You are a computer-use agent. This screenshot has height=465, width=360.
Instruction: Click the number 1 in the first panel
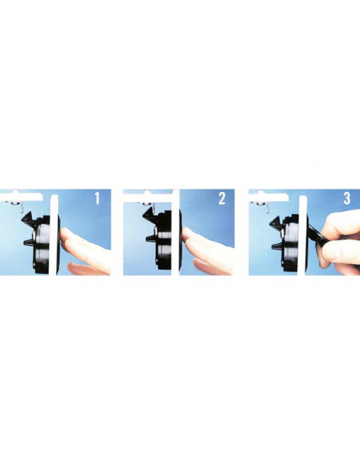pos(97,198)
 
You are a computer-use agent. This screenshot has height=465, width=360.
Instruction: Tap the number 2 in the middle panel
pos(221,198)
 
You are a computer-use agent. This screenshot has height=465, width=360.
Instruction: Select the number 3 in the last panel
pos(347,198)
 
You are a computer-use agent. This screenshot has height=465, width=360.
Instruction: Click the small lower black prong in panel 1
pos(29,242)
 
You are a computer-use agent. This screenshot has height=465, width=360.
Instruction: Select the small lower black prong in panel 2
pos(151,238)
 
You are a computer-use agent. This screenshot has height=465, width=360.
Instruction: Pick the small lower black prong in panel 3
pos(277,246)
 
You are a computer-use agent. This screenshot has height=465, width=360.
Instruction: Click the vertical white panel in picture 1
pos(53,235)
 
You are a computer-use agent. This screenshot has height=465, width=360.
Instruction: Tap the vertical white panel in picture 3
pos(302,236)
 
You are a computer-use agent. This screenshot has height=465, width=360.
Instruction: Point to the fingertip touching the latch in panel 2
pos(188,233)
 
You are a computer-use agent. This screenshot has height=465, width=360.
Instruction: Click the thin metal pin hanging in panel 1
pos(22,208)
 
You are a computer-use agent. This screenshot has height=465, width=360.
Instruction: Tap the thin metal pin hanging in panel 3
pos(268,208)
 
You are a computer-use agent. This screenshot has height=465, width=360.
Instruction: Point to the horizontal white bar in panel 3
pos(268,197)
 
